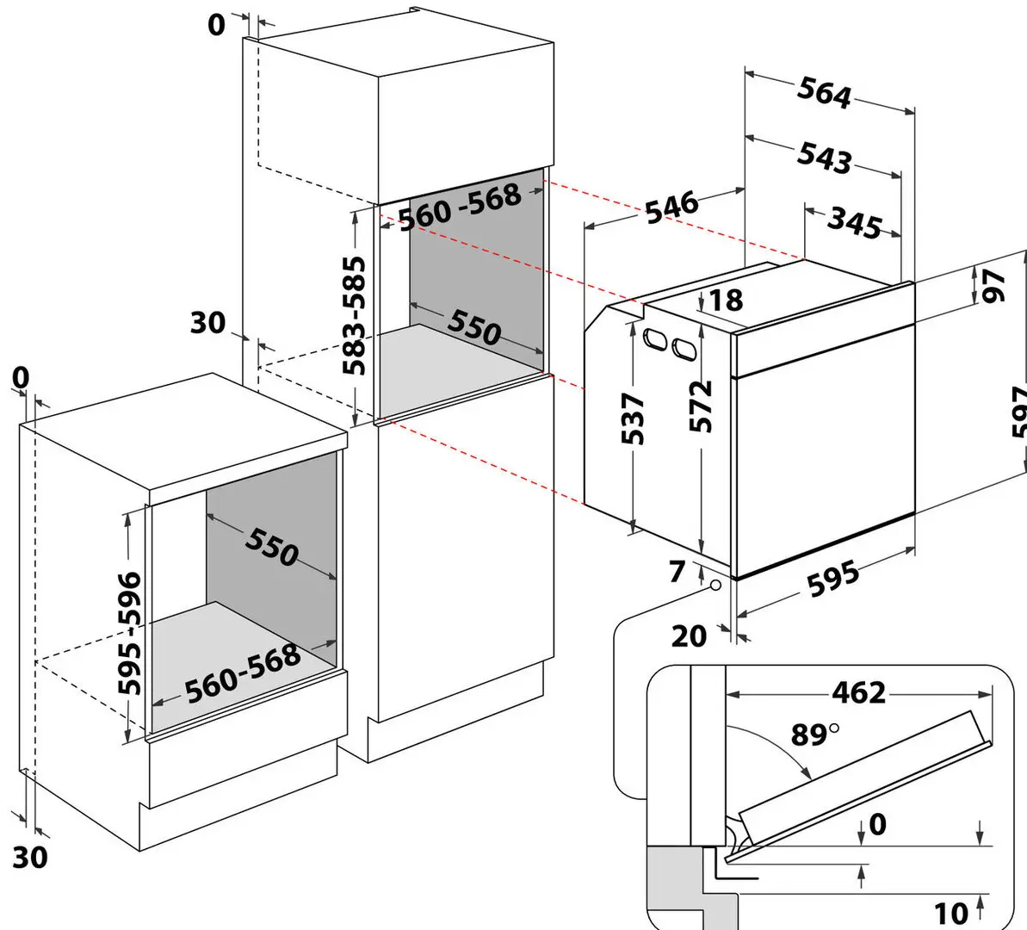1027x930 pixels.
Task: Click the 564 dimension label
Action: [x=824, y=93]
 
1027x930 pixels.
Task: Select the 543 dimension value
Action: [x=824, y=158]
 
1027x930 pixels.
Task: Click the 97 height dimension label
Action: [x=994, y=285]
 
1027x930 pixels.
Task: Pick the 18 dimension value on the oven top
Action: [x=726, y=300]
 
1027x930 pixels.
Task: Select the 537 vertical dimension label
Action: [x=634, y=418]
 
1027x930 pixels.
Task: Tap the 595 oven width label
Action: [x=832, y=579]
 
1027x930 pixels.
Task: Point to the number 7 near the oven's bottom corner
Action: [x=677, y=571]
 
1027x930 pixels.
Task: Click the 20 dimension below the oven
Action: [x=689, y=636]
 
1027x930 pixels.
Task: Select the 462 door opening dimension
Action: [x=858, y=691]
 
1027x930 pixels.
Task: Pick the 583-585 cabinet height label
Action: [x=354, y=315]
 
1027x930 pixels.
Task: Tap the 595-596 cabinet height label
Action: [x=130, y=632]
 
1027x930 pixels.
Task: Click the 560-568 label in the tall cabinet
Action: [x=460, y=207]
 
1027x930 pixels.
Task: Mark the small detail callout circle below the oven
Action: [x=715, y=586]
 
